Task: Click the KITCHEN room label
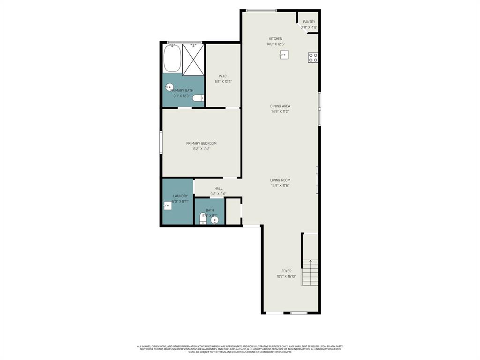tap(276, 38)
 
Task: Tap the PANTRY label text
tap(309, 22)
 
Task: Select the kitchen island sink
tap(284, 55)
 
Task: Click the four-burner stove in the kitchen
tap(313, 58)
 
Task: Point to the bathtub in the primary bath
tap(172, 59)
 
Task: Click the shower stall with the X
tap(193, 60)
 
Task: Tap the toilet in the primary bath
tap(198, 98)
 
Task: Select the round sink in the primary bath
tap(169, 87)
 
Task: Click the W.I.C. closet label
tap(223, 76)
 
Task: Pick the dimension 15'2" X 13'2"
tap(201, 149)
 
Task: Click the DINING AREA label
tap(280, 106)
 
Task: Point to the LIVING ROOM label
tap(280, 180)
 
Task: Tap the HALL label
tap(218, 188)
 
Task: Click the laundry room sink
tap(167, 205)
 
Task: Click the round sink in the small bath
tap(215, 219)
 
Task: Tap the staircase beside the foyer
tap(310, 272)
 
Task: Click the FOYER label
tap(286, 271)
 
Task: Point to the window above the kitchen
tap(261, 10)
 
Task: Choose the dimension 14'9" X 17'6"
tap(280, 186)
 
